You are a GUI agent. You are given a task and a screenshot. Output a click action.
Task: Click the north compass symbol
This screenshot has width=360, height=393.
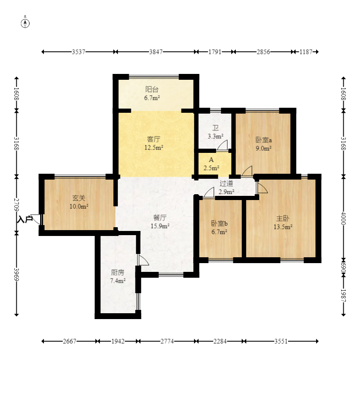[25, 23]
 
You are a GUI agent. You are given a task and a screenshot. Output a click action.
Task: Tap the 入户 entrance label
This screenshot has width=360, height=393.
[25, 220]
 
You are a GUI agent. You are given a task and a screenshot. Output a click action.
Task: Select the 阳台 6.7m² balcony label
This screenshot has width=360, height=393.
[152, 94]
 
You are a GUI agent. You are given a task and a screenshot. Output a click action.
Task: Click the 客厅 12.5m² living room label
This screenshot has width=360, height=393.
[153, 143]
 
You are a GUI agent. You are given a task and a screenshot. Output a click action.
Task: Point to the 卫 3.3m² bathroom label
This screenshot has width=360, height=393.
[215, 132]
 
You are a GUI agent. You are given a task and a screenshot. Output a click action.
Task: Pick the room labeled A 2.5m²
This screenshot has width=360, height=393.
[211, 164]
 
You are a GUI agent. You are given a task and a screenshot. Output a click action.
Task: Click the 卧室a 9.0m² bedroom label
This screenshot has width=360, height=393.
[263, 144]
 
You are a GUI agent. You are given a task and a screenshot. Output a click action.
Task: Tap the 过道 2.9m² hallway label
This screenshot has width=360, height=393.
[226, 188]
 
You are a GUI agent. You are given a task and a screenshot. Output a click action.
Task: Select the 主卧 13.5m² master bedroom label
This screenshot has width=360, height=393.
[283, 223]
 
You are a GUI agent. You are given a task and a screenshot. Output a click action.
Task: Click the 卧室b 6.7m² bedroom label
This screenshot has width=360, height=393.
[219, 227]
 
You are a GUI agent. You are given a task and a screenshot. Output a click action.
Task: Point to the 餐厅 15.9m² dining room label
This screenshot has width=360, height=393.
[160, 222]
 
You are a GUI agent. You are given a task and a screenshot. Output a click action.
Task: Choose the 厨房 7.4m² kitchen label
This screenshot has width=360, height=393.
[117, 276]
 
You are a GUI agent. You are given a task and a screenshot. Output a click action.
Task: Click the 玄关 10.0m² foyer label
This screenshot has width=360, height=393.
[79, 202]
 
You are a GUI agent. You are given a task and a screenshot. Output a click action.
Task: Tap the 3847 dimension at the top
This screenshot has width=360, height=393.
[156, 52]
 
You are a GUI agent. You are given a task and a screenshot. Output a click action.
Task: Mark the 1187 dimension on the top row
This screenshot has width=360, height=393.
[306, 52]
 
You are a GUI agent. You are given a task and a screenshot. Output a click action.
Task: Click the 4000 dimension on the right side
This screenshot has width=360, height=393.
[343, 218]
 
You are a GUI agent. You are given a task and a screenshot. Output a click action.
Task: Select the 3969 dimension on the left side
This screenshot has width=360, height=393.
[16, 274]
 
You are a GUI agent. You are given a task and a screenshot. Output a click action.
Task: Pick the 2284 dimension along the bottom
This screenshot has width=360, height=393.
[220, 341]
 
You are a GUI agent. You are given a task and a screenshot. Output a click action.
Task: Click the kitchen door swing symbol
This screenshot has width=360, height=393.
[143, 260]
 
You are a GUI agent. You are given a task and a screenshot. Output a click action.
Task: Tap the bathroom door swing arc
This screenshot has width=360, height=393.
[222, 145]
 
